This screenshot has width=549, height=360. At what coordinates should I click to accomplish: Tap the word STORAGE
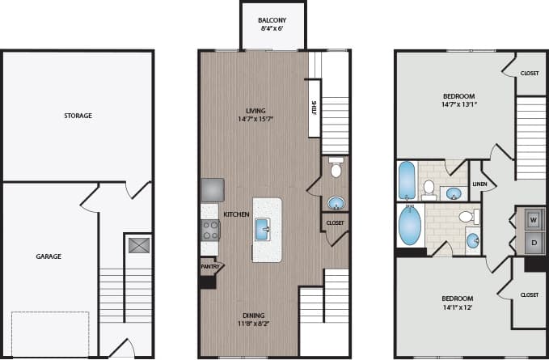coord(78,116)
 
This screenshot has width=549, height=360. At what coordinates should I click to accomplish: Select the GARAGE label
coord(48,256)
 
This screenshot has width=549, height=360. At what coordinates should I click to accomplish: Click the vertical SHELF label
coord(313,108)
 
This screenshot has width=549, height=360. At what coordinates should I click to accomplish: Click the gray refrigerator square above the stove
coord(213,189)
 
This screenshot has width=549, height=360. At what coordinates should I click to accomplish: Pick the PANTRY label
coord(209,265)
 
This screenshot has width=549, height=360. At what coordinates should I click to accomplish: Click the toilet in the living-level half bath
coord(336,169)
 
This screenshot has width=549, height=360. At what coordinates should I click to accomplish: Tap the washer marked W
coord(533,218)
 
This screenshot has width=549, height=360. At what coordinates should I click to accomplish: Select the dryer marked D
coord(533,242)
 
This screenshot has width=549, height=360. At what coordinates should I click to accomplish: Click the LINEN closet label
coord(479,184)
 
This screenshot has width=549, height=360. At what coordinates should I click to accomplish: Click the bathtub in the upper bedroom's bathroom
coord(406,181)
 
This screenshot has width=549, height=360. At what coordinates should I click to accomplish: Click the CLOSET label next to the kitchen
coord(335,222)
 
